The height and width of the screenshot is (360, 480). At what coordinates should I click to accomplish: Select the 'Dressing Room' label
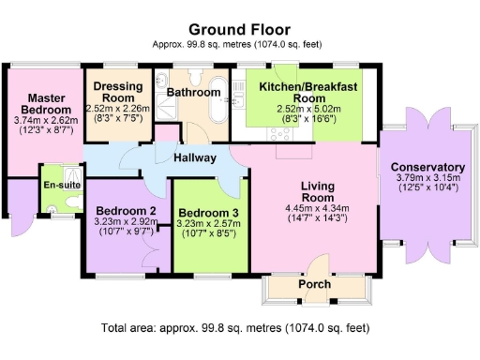118,92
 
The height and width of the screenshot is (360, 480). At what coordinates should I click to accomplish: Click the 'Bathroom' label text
194,92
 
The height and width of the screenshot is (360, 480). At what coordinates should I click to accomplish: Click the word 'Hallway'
194,158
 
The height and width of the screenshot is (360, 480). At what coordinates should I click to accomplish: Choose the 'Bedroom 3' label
209,212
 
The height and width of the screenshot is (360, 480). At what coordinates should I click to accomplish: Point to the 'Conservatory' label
427,166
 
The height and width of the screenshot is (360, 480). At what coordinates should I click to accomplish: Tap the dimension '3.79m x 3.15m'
427,178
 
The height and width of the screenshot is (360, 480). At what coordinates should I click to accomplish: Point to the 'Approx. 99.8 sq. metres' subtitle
239,44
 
